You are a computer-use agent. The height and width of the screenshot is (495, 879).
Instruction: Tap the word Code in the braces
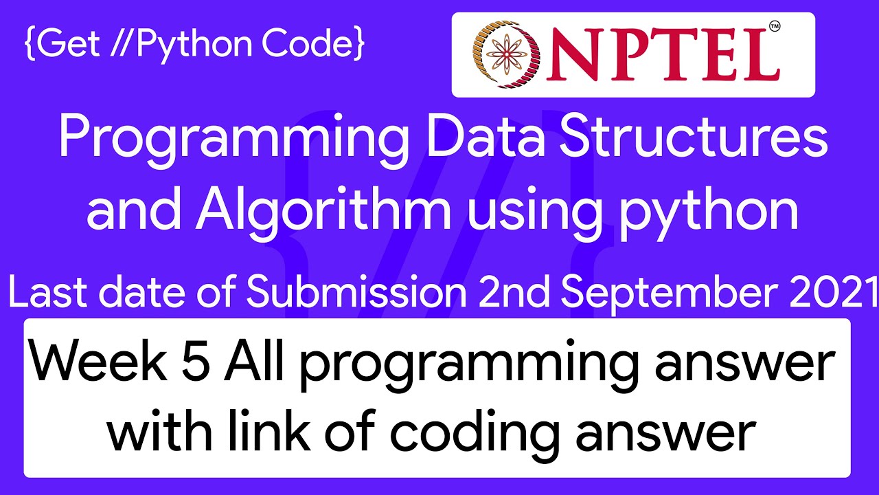307,43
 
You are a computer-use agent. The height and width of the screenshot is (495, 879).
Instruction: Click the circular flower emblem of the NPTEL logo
506,54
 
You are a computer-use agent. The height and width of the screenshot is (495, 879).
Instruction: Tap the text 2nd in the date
515,292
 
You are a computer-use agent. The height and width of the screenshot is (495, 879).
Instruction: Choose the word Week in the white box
99,360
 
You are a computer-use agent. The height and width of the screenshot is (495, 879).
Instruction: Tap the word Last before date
47,292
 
